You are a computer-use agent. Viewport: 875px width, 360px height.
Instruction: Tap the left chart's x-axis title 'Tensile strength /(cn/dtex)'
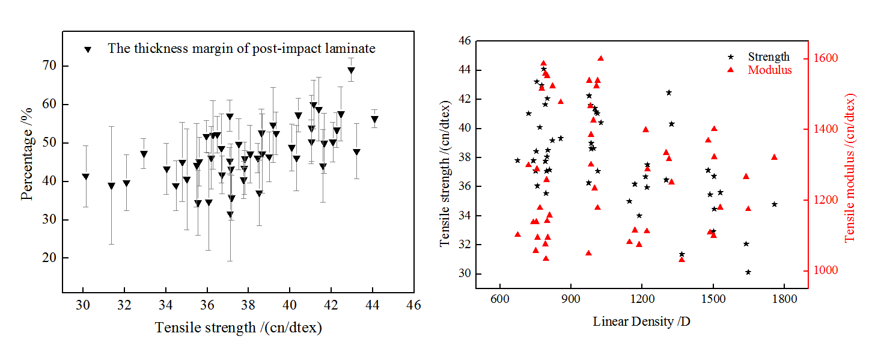point(239,328)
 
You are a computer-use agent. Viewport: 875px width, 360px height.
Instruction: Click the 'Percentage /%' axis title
point(27,163)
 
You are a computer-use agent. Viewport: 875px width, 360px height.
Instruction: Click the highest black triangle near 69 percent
point(351,70)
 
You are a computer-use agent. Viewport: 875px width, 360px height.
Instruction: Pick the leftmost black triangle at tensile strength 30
point(85,177)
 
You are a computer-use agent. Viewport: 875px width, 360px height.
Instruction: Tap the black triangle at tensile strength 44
point(374,119)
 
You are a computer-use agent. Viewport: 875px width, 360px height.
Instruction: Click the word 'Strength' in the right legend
point(769,57)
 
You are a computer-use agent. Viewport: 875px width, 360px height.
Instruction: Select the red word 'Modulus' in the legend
point(770,70)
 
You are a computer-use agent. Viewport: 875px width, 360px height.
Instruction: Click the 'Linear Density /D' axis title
point(641,322)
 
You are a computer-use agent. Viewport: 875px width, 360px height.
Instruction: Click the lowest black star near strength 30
point(748,272)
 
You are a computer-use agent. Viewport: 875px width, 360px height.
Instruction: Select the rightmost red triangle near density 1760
point(774,157)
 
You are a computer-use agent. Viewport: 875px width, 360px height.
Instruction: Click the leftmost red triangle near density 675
point(517,234)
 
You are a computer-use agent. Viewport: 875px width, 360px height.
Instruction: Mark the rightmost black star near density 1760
point(774,204)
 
